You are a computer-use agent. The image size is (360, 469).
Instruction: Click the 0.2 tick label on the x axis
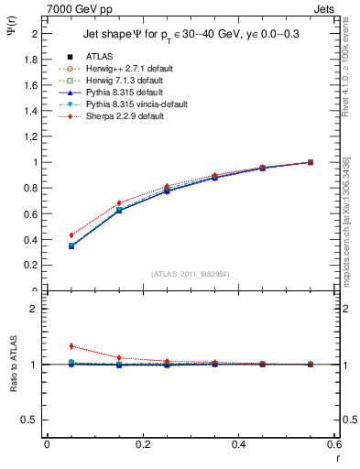click(142, 444)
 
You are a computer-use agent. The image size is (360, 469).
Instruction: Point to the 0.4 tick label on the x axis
click(240, 444)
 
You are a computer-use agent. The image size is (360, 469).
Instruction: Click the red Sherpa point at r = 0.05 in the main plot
click(71, 235)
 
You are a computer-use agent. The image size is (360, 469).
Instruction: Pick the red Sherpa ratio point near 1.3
click(71, 346)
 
